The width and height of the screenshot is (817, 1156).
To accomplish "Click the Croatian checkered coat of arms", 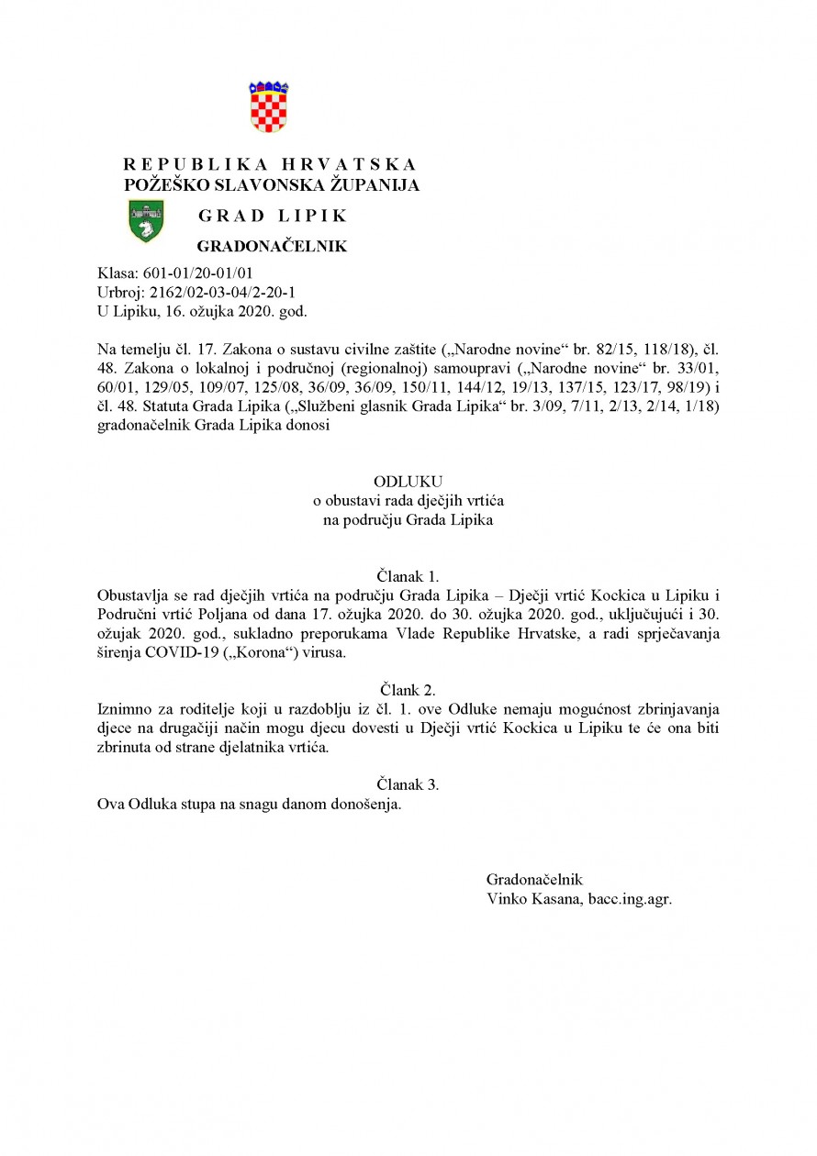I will click(x=269, y=107).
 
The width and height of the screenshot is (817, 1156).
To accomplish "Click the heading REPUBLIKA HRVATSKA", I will click(x=270, y=165).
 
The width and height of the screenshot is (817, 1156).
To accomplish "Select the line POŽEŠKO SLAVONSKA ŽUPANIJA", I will click(x=272, y=184).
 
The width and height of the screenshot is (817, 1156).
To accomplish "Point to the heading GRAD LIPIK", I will click(x=273, y=217).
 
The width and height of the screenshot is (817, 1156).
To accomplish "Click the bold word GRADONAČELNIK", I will click(x=273, y=247).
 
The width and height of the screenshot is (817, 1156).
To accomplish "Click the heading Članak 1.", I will click(x=408, y=576).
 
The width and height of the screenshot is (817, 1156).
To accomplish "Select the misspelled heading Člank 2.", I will click(x=408, y=688).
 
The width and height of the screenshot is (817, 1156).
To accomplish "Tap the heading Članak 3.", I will click(x=408, y=784).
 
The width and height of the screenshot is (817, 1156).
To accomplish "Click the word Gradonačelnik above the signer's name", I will click(x=534, y=879).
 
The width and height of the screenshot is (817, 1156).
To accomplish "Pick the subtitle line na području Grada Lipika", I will click(x=408, y=520).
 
